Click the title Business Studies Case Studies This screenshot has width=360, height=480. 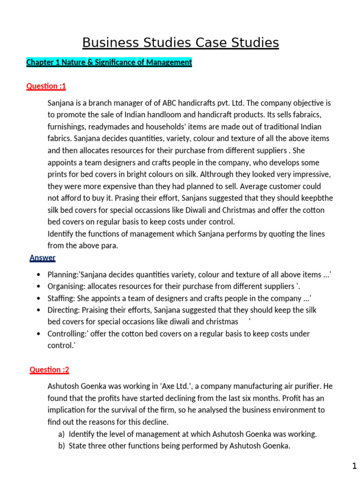(x=180, y=43)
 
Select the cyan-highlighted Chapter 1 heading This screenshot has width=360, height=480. (x=109, y=62)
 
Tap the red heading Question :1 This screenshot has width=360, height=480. (x=46, y=86)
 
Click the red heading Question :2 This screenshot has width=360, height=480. (x=49, y=370)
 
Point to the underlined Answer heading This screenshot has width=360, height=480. (x=42, y=258)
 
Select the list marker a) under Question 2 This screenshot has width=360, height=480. (x=61, y=434)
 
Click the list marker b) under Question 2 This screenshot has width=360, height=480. (x=61, y=446)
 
